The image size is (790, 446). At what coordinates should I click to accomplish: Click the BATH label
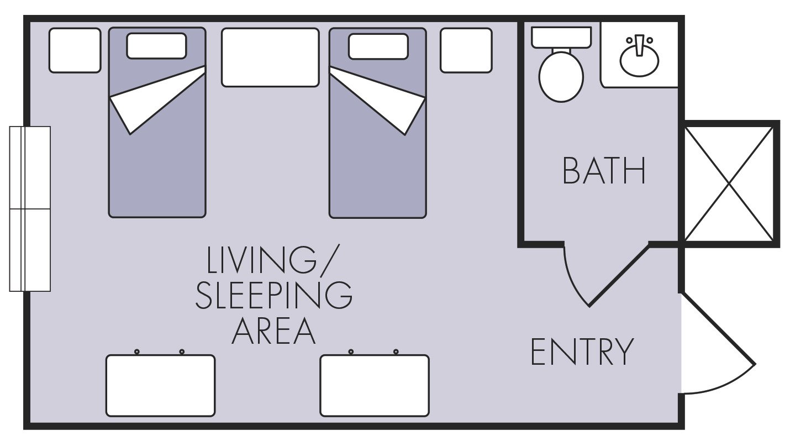coord(604,171)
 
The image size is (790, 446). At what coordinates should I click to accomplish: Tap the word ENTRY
coord(582,351)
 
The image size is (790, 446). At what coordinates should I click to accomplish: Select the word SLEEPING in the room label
coord(273,296)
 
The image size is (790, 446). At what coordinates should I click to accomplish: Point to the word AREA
coord(273,330)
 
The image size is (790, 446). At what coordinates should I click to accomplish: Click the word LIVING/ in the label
coord(272,259)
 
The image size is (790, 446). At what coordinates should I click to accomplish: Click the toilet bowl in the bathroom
coord(561,77)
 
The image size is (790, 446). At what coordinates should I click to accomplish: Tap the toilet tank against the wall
coord(561,38)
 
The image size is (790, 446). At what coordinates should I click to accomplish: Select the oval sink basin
coord(639,61)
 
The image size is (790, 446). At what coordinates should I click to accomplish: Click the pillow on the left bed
coord(156,46)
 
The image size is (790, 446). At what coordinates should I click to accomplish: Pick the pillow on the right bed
coord(378,46)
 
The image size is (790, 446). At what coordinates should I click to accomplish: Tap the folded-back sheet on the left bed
coord(157,99)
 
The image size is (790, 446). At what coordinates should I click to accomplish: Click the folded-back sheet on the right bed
coord(378,100)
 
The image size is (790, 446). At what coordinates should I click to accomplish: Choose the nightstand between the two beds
coord(270,57)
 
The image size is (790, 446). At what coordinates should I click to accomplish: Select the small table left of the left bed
coord(75,50)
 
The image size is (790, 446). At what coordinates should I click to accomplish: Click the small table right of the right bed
coord(466,50)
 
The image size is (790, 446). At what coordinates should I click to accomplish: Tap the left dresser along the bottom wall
coord(160,386)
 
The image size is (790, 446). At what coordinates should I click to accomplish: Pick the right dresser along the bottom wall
coord(375,386)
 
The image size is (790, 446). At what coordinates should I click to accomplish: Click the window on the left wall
coord(30,209)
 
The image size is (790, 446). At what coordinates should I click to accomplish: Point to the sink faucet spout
coord(639,45)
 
